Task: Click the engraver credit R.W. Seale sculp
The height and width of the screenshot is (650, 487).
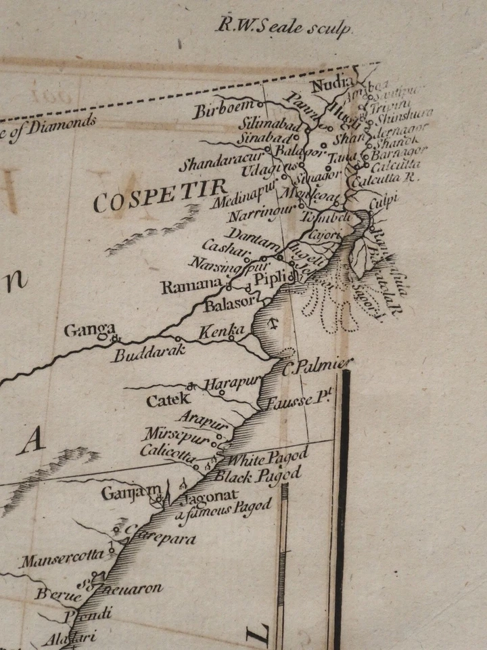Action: click(284, 28)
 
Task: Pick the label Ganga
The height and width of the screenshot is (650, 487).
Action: click(89, 331)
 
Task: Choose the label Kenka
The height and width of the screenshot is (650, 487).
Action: click(222, 331)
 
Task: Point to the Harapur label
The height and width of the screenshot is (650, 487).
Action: click(231, 384)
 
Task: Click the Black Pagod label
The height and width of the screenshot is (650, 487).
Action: click(257, 475)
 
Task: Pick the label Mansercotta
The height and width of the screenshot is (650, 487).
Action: click(62, 559)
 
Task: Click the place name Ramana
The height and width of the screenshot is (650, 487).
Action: click(191, 286)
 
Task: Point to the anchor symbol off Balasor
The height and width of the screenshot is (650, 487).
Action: click(272, 321)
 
